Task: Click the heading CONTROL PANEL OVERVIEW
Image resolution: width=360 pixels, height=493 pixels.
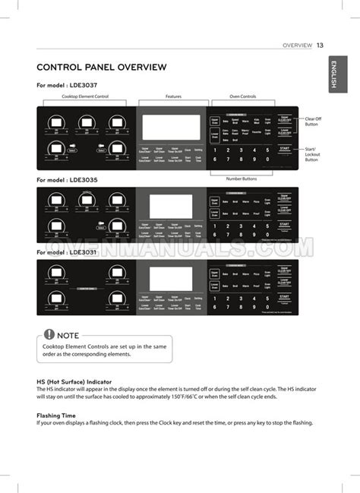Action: (101, 68)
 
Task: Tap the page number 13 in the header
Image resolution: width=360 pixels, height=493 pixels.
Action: (321, 45)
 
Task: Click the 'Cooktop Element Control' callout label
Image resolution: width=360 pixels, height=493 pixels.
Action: (84, 96)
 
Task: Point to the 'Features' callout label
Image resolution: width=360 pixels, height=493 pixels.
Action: (172, 96)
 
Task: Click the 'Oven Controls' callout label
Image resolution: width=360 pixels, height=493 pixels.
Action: (242, 96)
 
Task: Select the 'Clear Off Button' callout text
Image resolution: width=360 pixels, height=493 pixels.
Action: (313, 122)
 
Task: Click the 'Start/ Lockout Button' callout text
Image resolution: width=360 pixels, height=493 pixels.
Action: (312, 154)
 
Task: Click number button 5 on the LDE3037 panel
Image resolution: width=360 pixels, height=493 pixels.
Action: (267, 150)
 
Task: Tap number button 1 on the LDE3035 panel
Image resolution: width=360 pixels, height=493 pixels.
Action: (215, 226)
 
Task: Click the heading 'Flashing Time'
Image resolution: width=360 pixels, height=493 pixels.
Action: (56, 416)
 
